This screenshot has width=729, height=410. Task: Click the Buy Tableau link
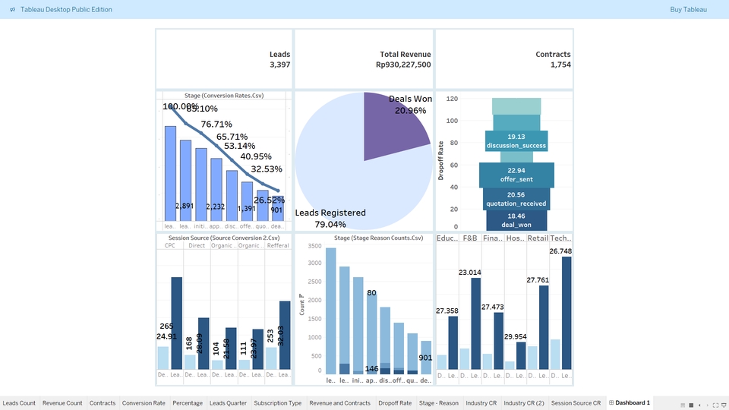[x=688, y=10]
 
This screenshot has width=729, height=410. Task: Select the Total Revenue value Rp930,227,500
[x=403, y=65]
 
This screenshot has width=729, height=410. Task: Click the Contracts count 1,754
[x=560, y=65]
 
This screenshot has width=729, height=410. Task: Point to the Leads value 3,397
[x=279, y=65]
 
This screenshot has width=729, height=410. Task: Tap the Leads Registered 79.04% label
[x=330, y=219]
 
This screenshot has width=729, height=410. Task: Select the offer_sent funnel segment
[x=516, y=175]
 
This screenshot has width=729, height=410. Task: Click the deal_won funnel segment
[x=516, y=220]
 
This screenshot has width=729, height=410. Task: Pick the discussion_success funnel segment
[x=516, y=141]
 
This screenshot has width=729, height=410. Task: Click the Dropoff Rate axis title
[x=441, y=160]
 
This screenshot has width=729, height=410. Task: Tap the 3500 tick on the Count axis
[x=314, y=263]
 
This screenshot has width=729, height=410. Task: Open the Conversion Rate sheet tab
[x=144, y=403]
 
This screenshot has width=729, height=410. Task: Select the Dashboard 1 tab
[x=632, y=403]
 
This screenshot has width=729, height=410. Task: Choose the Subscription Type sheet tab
[x=278, y=403]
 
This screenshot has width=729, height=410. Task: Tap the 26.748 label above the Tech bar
[x=560, y=251]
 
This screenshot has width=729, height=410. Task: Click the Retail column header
[x=538, y=238]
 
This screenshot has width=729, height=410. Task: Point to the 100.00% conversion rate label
[x=180, y=107]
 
